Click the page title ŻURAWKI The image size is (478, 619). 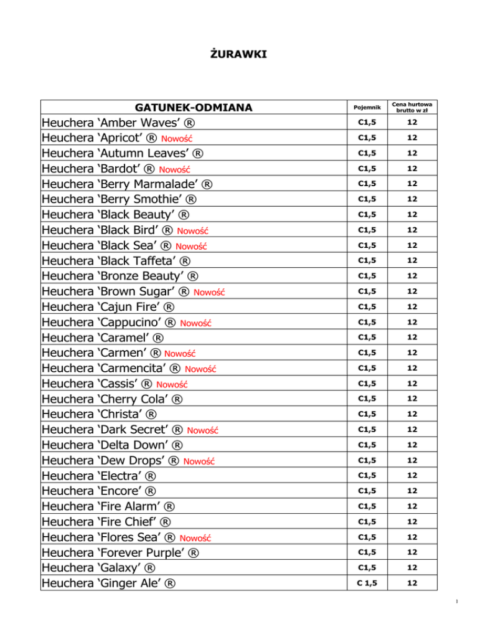click(239, 56)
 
